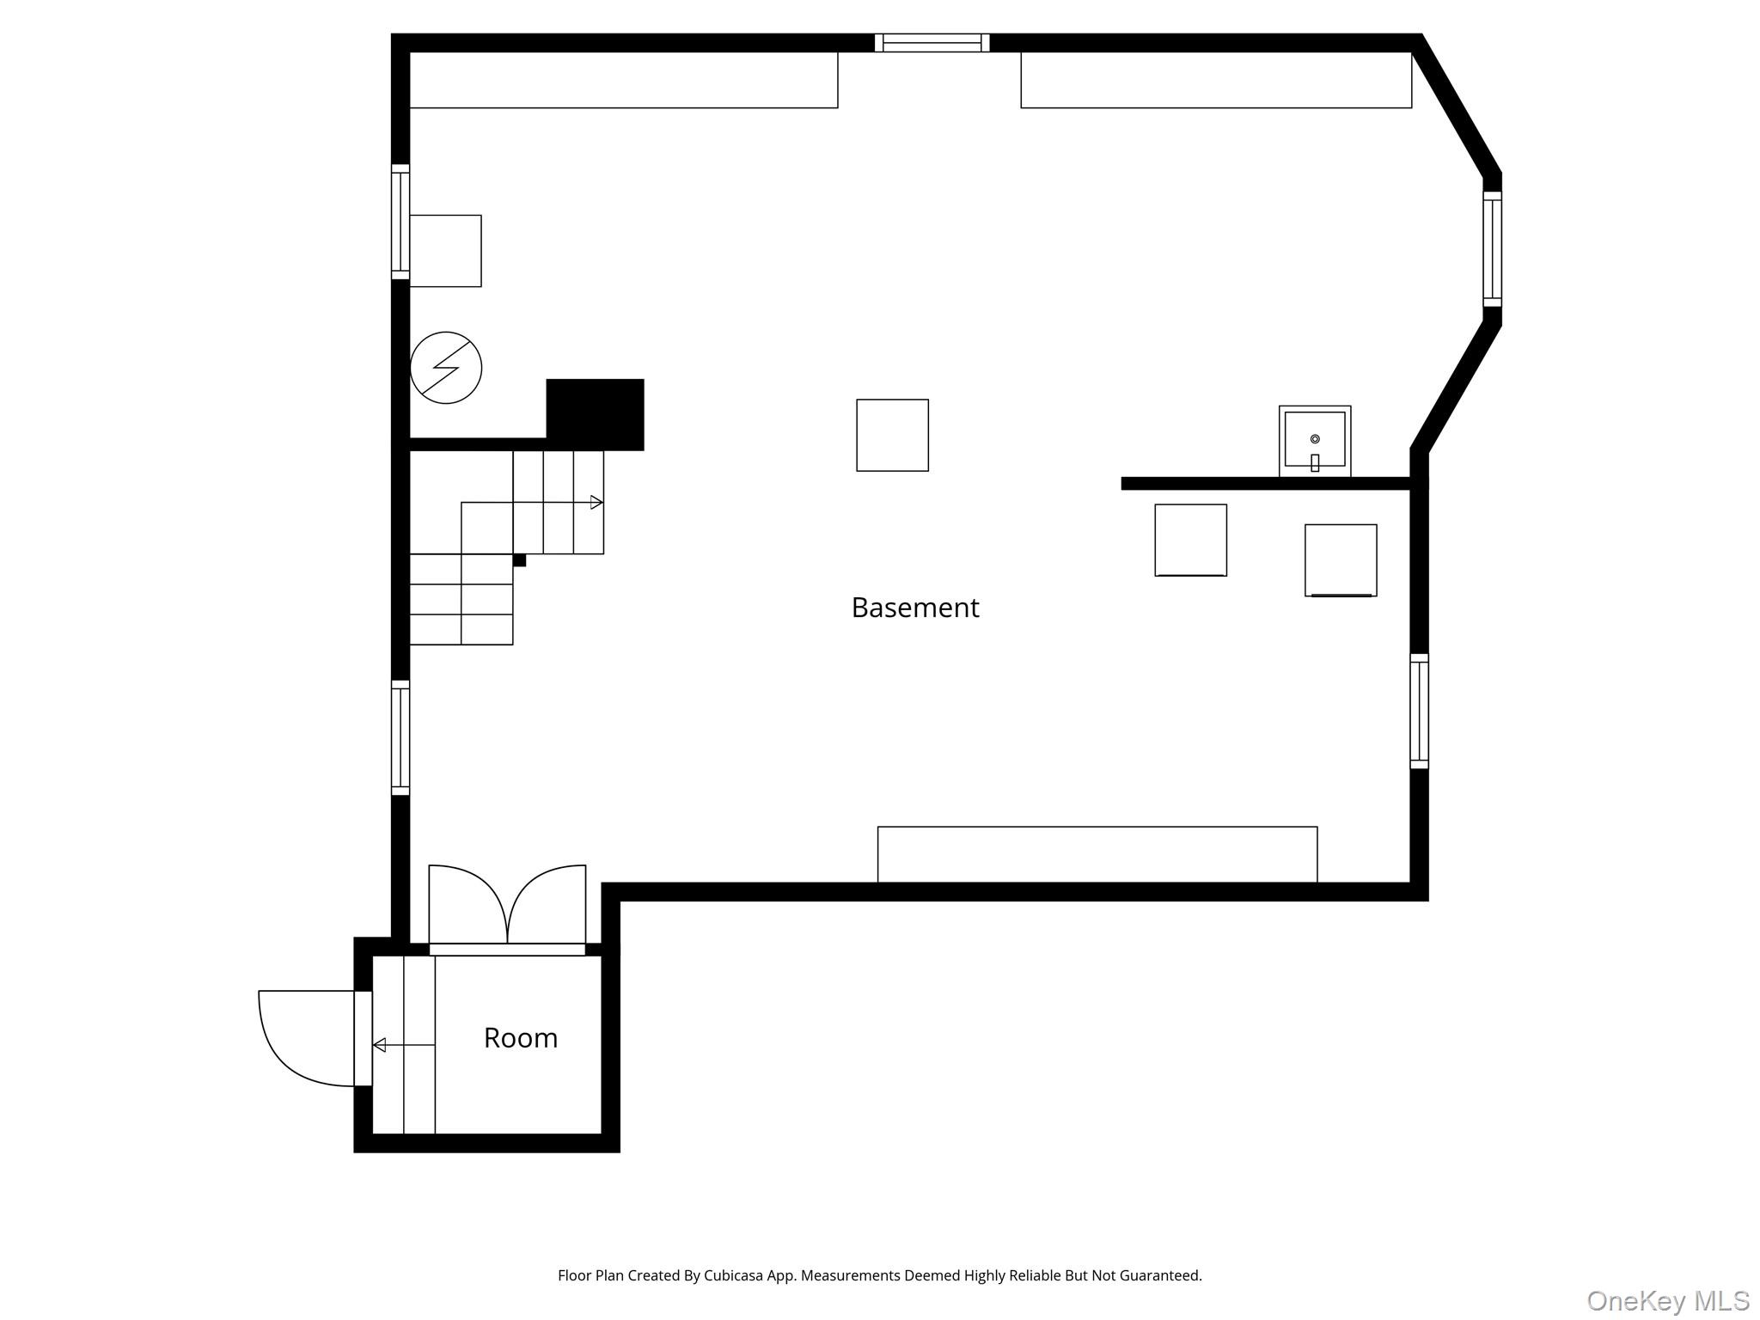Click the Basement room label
coord(914,608)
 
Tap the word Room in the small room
coord(521,1038)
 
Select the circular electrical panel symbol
coord(446,368)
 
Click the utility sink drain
coord(1315,439)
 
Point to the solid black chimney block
coord(595,414)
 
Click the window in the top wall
coord(932,43)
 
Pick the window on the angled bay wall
coord(1493,249)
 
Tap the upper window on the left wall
coord(400,222)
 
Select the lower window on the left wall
coord(400,737)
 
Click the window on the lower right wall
coord(1420,711)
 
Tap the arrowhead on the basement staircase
coord(596,503)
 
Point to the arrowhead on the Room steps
coord(379,1045)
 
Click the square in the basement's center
coord(893,435)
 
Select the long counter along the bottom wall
coord(1097,854)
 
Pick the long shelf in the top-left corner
coord(624,80)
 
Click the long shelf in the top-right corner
coord(1216,80)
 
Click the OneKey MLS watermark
coord(1668,1301)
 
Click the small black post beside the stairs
coord(519,560)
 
